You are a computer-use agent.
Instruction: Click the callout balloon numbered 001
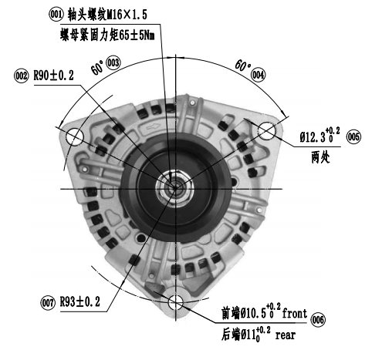click(56, 15)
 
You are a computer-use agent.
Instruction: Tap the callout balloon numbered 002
click(21, 76)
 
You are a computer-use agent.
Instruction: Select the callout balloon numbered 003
click(113, 62)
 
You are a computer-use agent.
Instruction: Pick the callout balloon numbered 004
click(258, 75)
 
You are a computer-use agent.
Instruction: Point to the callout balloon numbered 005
click(353, 136)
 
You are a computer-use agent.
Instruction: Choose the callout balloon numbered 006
click(318, 320)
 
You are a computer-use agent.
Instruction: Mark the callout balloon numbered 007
click(48, 303)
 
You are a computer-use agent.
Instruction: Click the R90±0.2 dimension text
click(54, 76)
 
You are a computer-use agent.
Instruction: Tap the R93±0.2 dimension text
click(80, 301)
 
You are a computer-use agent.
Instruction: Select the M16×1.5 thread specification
click(127, 15)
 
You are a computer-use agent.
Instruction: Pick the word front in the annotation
click(294, 314)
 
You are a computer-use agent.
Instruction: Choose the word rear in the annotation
click(286, 335)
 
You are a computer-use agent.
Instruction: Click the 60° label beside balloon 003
click(97, 68)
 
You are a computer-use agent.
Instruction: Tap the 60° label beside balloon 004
click(242, 66)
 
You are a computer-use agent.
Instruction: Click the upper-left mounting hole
click(75, 136)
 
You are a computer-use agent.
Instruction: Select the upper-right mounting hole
click(267, 131)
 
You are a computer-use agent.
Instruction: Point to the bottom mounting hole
click(176, 302)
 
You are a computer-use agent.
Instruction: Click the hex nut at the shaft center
click(175, 188)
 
